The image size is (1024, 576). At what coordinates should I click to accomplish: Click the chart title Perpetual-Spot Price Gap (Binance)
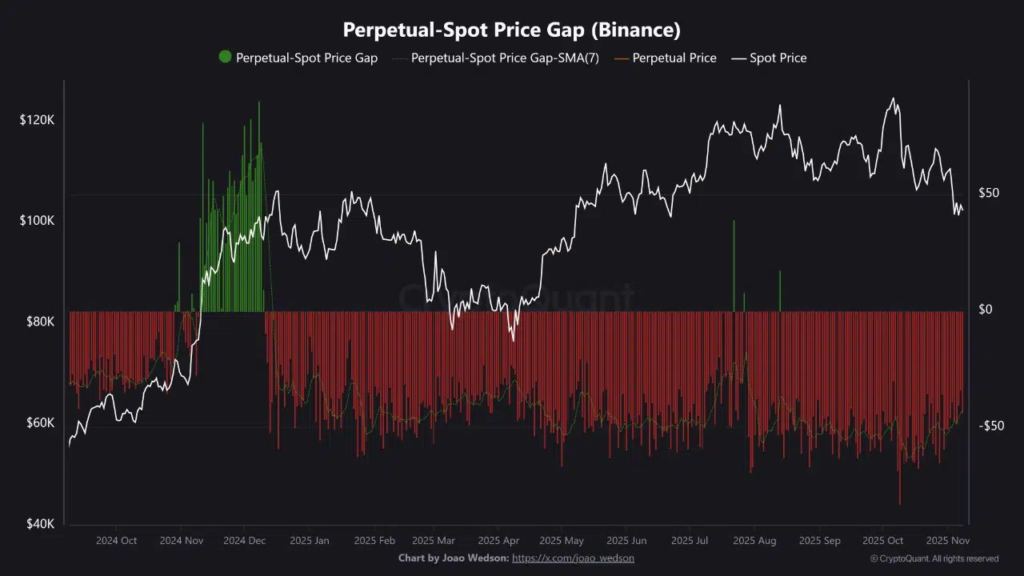pyautogui.click(x=512, y=30)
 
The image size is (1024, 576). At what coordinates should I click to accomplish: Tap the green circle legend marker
pyautogui.click(x=225, y=57)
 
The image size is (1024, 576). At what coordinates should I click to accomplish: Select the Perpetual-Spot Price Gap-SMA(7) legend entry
pyautogui.click(x=504, y=58)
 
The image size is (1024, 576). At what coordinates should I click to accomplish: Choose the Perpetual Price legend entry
pyautogui.click(x=674, y=58)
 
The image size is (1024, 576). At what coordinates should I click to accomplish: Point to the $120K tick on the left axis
pyautogui.click(x=37, y=120)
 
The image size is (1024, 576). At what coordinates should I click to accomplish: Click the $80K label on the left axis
pyautogui.click(x=37, y=322)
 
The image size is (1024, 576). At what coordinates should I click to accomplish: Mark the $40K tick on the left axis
pyautogui.click(x=37, y=524)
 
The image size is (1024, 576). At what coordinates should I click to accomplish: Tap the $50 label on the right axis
pyautogui.click(x=989, y=194)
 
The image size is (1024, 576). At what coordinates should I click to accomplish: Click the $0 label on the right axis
pyautogui.click(x=986, y=310)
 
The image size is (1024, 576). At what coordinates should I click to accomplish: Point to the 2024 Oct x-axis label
pyautogui.click(x=116, y=541)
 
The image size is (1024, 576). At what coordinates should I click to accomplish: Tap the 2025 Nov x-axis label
pyautogui.click(x=948, y=541)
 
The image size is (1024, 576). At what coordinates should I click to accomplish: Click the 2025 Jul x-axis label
pyautogui.click(x=690, y=541)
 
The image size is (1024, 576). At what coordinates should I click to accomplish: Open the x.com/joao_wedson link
pyautogui.click(x=573, y=558)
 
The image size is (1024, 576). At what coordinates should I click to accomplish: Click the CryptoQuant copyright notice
pyautogui.click(x=934, y=558)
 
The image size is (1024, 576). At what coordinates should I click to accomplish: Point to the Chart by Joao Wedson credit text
pyautogui.click(x=453, y=558)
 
